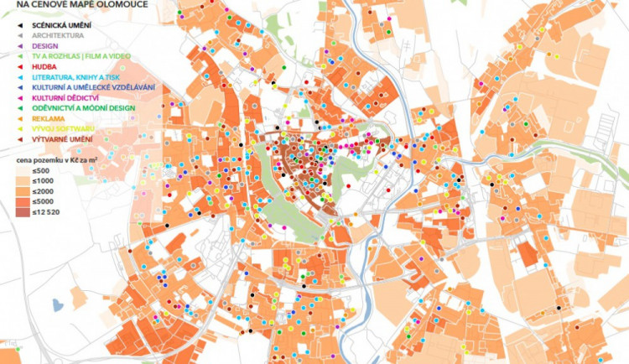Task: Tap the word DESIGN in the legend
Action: click(x=45, y=46)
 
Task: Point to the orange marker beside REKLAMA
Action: click(x=19, y=118)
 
